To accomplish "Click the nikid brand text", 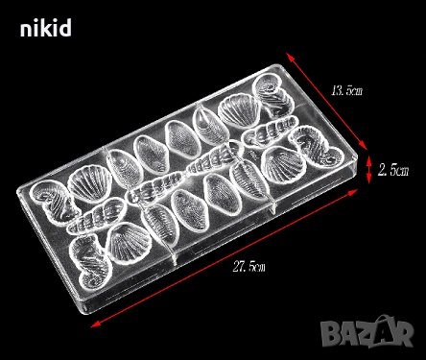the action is pyautogui.click(x=46, y=28).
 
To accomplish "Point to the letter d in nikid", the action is pyautogui.click(x=65, y=28).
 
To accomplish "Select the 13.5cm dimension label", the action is pyautogui.click(x=347, y=91).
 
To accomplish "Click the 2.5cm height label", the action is pyautogui.click(x=393, y=170).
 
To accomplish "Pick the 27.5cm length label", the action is pyautogui.click(x=249, y=266).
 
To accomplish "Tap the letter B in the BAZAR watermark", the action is pyautogui.click(x=330, y=334).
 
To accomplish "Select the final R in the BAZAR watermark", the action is pyautogui.click(x=403, y=334).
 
